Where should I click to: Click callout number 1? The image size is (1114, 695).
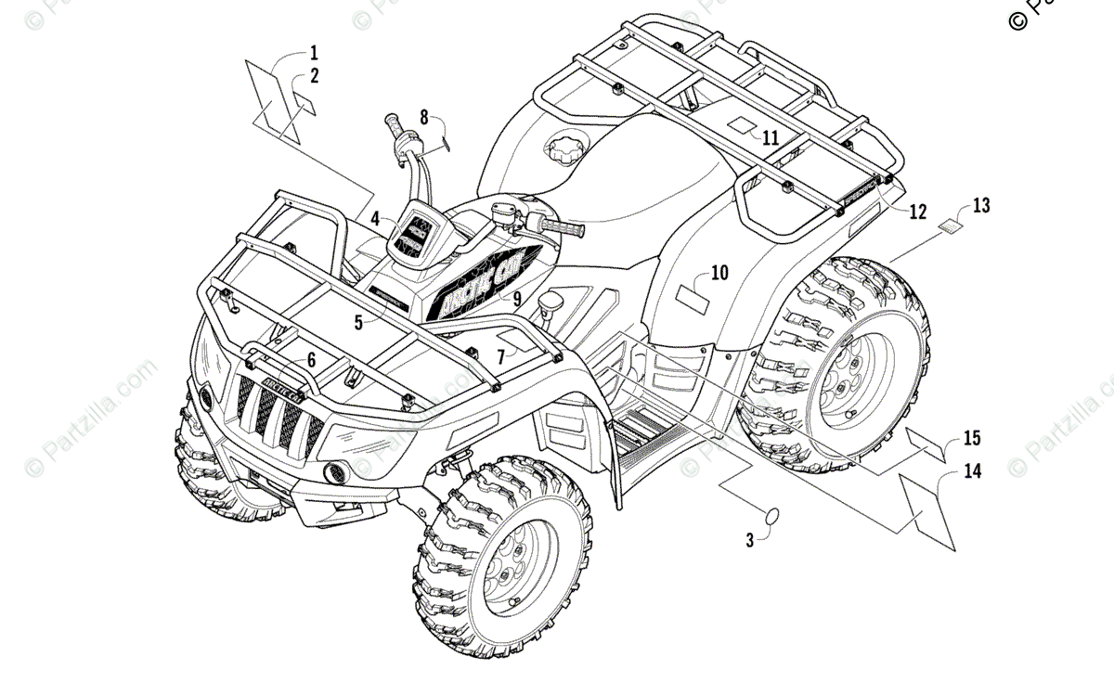click(314, 52)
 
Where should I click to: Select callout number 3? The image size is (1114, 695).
click(750, 539)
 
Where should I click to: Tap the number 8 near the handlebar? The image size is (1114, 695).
click(424, 117)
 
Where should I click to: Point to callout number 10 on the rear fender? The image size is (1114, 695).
click(720, 273)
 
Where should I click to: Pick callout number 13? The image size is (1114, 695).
click(981, 206)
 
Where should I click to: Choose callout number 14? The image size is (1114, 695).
click(972, 471)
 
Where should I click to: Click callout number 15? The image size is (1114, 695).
click(972, 437)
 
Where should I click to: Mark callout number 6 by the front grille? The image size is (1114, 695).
click(311, 359)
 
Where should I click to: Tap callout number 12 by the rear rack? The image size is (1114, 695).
click(916, 212)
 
